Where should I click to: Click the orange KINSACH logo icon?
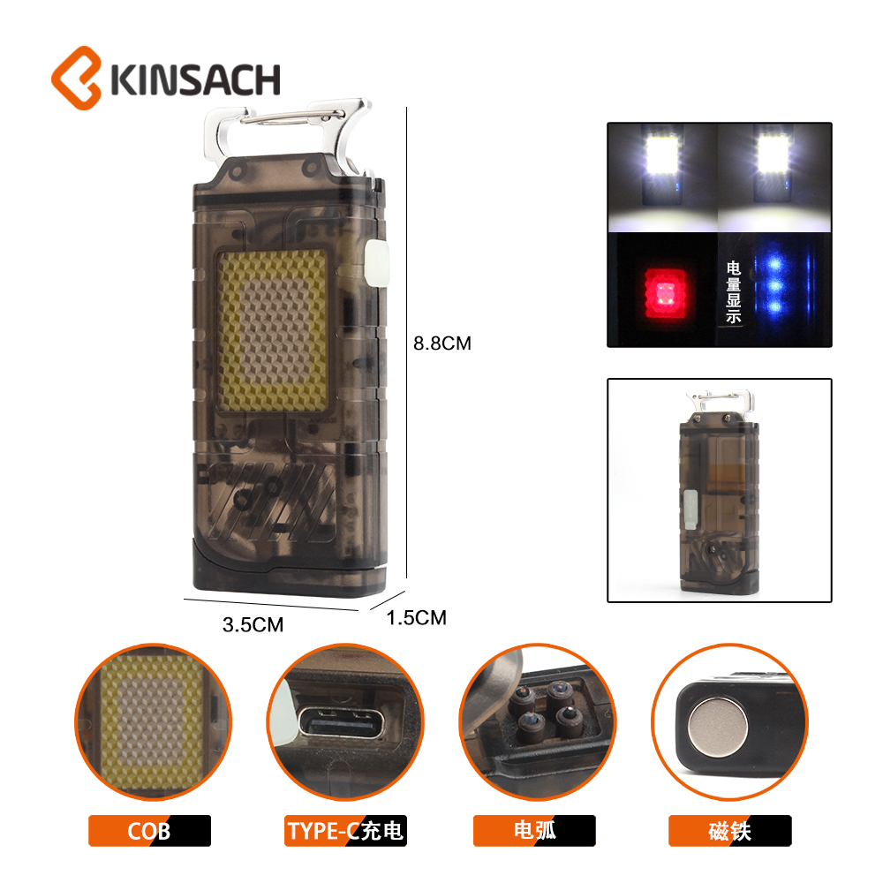[76, 78]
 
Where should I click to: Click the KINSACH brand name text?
[195, 80]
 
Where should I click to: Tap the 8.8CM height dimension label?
[442, 343]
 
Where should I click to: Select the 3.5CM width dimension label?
[253, 624]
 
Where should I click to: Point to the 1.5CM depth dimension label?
[416, 618]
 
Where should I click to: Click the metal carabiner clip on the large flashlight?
[287, 132]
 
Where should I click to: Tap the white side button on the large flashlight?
[377, 263]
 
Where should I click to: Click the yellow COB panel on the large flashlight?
[273, 330]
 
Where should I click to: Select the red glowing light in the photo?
[666, 294]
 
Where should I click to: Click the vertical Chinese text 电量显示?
[733, 291]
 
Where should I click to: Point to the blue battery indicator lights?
[775, 285]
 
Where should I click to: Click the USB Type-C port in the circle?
[341, 722]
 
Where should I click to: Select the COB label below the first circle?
[149, 831]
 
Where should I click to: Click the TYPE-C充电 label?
[345, 831]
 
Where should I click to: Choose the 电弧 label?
[534, 831]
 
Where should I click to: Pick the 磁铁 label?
[730, 831]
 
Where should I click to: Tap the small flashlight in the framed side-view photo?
[719, 492]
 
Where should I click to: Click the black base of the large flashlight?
[290, 568]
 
